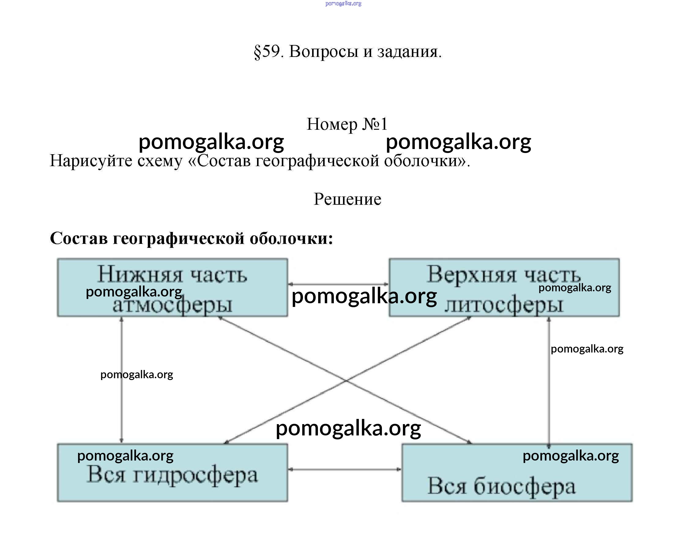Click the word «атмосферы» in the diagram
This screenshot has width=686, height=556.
[172, 305]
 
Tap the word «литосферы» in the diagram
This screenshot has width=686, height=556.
[503, 305]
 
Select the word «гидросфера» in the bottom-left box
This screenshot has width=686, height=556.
[195, 475]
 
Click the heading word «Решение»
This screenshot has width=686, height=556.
[347, 199]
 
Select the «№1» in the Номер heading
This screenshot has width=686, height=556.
[375, 124]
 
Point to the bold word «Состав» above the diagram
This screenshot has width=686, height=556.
[78, 239]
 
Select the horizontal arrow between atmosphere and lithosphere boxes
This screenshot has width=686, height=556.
[338, 284]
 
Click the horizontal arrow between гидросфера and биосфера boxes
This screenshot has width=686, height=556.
[345, 469]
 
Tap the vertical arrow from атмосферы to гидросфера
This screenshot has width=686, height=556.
[121, 400]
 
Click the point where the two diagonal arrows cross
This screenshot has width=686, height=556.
[346, 380]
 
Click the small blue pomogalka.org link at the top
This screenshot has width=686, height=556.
[343, 4]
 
